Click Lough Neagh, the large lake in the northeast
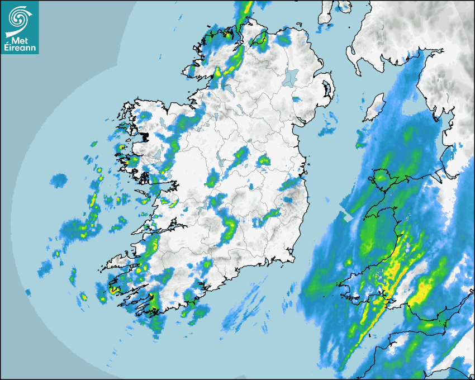[x=291, y=76]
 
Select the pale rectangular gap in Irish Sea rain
[x=348, y=217]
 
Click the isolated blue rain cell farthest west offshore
[x=58, y=180]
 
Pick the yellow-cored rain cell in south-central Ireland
[x=230, y=226]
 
